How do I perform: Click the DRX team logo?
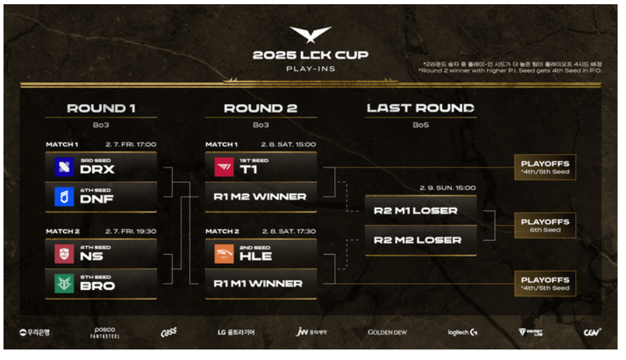pyautogui.click(x=65, y=166)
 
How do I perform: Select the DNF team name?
pyautogui.click(x=97, y=199)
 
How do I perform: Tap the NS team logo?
pyautogui.click(x=65, y=253)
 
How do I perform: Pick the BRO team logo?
pyautogui.click(x=65, y=283)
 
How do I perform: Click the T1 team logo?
pyautogui.click(x=224, y=166)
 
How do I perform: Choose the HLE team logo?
pyautogui.click(x=224, y=253)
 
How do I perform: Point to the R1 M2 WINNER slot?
pyautogui.click(x=260, y=196)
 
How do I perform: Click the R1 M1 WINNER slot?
pyautogui.click(x=260, y=284)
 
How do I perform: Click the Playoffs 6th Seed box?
pyautogui.click(x=545, y=225)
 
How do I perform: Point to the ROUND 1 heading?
pyautogui.click(x=101, y=108)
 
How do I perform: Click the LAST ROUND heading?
pyautogui.click(x=420, y=108)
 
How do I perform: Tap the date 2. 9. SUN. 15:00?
pyautogui.click(x=448, y=188)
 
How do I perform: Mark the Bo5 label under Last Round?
pyautogui.click(x=420, y=124)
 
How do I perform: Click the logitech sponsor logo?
pyautogui.click(x=463, y=332)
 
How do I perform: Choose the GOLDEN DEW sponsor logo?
pyautogui.click(x=387, y=332)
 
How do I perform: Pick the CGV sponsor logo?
pyautogui.click(x=592, y=332)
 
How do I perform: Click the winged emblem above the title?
pyautogui.click(x=311, y=34)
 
